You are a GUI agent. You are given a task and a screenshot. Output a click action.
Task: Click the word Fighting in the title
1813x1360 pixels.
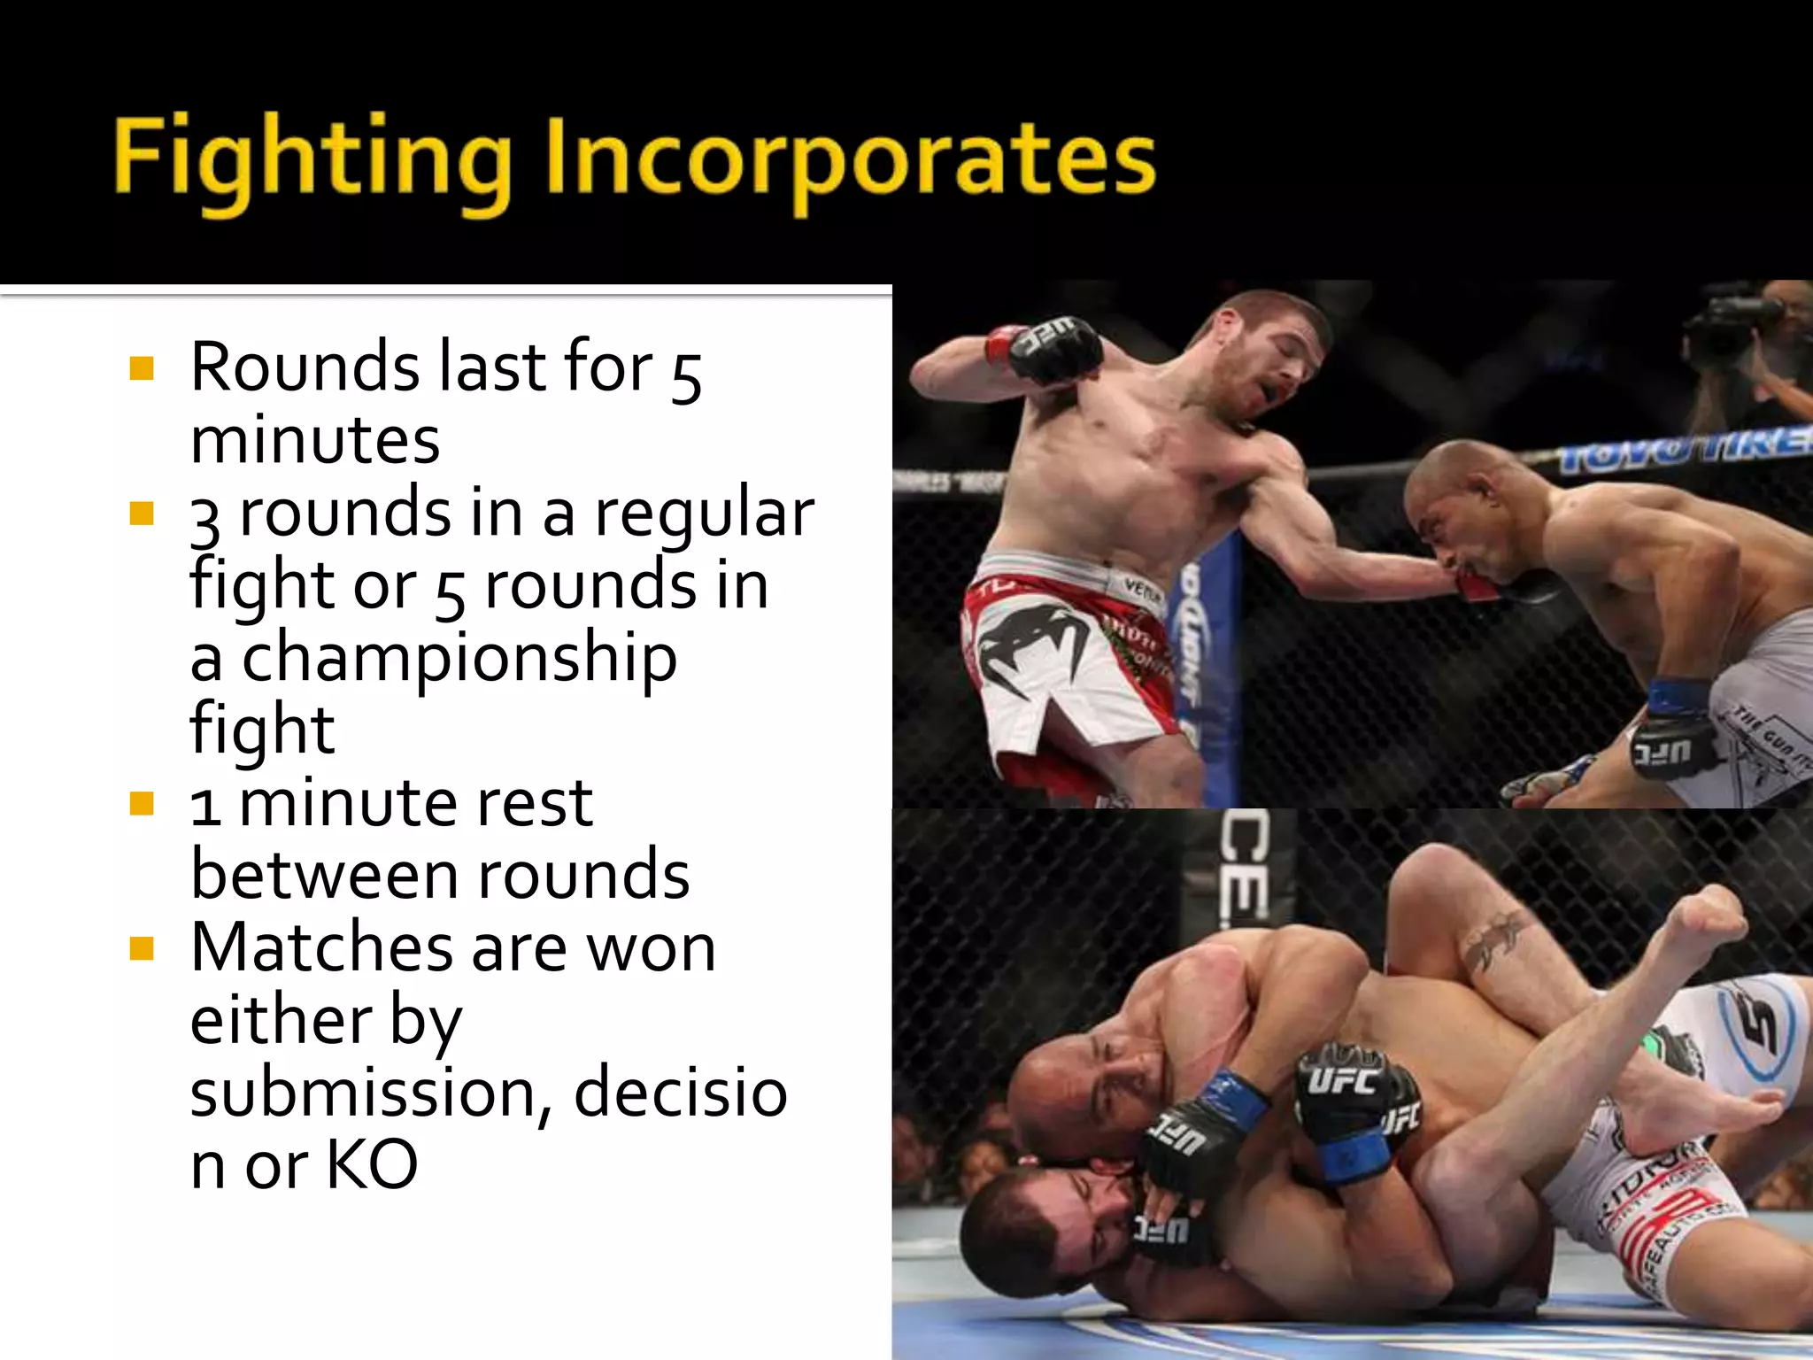click(x=312, y=159)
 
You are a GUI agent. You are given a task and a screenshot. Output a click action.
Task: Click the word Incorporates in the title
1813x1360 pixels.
click(x=850, y=159)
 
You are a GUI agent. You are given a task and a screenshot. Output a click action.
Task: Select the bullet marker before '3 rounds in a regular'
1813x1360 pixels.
click(x=142, y=513)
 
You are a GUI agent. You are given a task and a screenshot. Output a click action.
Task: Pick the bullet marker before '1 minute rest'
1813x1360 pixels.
click(x=142, y=803)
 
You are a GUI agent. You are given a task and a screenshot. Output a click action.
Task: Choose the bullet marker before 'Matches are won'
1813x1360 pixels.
click(x=142, y=948)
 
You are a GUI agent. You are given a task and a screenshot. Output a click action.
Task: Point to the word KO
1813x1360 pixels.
click(x=372, y=1165)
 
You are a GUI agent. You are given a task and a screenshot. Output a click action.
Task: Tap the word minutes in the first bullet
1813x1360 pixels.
click(x=315, y=440)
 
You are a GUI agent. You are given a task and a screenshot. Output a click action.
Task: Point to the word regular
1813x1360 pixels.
click(x=704, y=514)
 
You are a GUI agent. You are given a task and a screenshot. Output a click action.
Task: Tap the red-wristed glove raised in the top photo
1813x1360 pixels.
click(x=1049, y=347)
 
